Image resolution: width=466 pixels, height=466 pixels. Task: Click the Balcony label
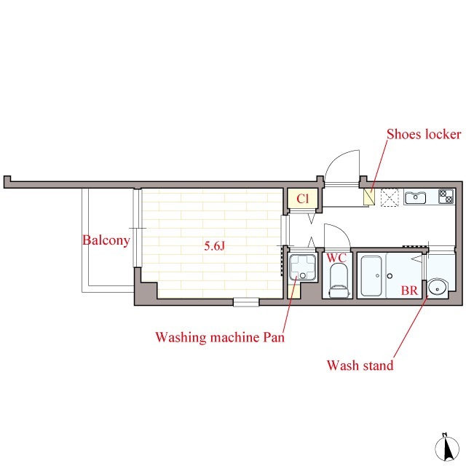click(x=106, y=240)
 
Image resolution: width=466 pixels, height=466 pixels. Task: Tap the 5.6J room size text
click(x=215, y=246)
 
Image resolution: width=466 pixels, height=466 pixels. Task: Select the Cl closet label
click(x=303, y=199)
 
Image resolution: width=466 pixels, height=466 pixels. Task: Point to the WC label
click(x=336, y=258)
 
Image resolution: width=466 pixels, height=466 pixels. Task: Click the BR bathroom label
click(x=409, y=291)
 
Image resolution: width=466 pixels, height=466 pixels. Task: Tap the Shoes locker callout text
click(x=424, y=134)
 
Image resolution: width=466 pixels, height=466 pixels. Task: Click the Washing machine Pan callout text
click(x=220, y=337)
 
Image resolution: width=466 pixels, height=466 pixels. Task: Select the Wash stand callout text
click(x=360, y=366)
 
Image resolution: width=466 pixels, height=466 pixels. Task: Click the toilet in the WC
click(x=339, y=280)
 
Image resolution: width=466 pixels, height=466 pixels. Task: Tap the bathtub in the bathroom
click(x=371, y=275)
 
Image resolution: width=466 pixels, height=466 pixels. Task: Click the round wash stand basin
click(x=437, y=288)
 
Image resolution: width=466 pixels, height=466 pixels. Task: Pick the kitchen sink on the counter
click(x=415, y=197)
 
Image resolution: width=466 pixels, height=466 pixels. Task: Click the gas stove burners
click(x=446, y=197)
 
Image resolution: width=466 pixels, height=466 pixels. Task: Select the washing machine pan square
click(x=303, y=267)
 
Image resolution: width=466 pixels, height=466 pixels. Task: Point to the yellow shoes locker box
click(x=369, y=196)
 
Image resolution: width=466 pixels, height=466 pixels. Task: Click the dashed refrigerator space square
click(x=390, y=197)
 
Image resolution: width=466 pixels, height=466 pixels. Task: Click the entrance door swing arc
click(x=337, y=159)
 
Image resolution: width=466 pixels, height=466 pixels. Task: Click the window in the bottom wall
click(x=246, y=302)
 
